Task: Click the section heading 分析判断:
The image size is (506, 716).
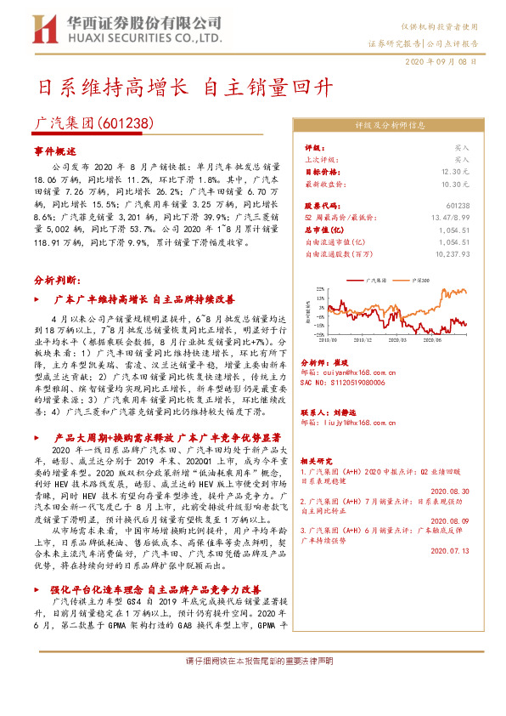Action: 56,304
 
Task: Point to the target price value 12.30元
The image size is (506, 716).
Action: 455,171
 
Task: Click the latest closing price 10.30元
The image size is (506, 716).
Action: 455,184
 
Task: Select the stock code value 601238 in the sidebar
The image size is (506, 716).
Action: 458,206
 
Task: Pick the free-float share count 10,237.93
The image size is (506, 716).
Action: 450,253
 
